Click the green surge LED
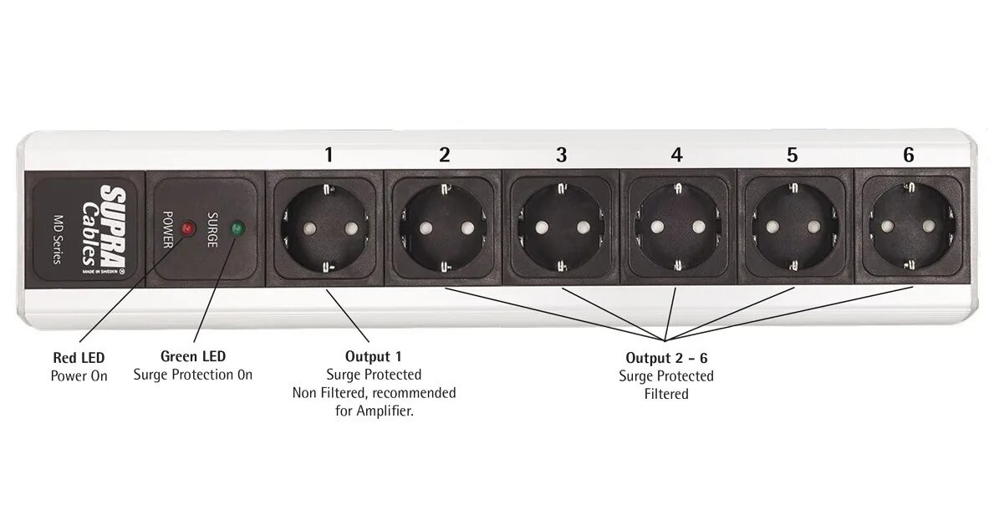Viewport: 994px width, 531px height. point(237,227)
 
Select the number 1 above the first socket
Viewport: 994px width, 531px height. point(329,155)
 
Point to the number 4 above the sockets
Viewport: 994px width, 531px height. point(676,155)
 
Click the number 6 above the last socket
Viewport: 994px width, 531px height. point(909,155)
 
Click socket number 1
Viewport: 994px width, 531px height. point(327,227)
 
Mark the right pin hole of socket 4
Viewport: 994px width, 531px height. point(696,227)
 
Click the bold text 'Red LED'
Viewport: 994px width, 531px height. point(79,357)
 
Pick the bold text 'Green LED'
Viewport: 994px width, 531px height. point(193,357)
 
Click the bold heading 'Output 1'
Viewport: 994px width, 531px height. point(374,356)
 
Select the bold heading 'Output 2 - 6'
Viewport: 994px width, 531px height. point(666,358)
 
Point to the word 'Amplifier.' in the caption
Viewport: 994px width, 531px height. point(385,411)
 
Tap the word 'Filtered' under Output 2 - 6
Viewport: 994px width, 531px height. point(666,394)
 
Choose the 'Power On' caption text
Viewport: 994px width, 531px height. point(79,375)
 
